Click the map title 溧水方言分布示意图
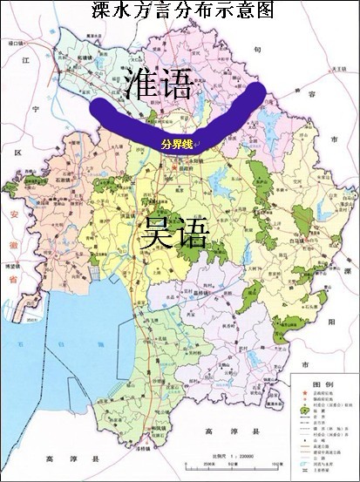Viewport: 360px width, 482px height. (180, 10)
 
